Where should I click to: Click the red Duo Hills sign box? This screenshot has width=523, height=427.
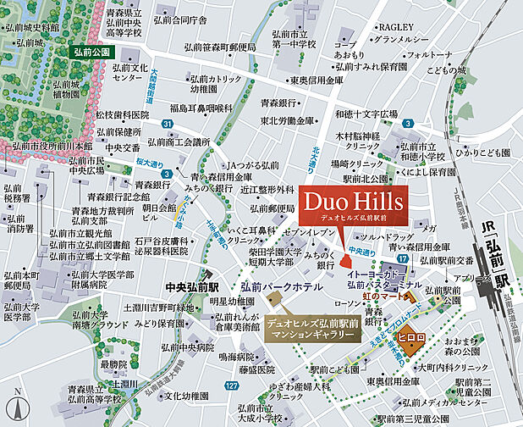(x=350, y=207)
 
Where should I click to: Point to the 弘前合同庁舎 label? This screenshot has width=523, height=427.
(x=179, y=19)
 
